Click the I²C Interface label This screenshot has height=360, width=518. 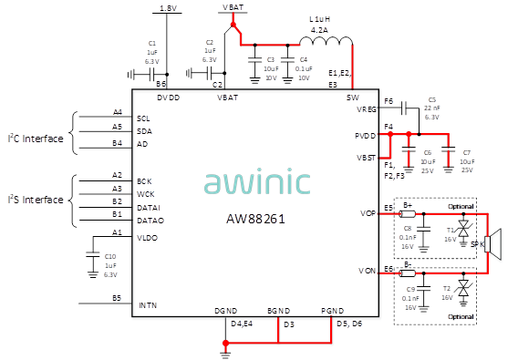pyautogui.click(x=36, y=139)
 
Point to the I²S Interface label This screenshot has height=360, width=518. pyautogui.click(x=36, y=200)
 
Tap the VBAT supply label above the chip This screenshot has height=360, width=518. pyautogui.click(x=233, y=7)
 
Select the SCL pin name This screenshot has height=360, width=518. pyautogui.click(x=143, y=118)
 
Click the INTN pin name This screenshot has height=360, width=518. pyautogui.click(x=147, y=303)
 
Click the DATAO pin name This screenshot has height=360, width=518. pyautogui.click(x=150, y=221)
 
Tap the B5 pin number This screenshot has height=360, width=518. pyautogui.click(x=117, y=297)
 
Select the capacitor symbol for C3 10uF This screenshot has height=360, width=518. pyautogui.click(x=254, y=65)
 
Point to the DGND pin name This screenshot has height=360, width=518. pyautogui.click(x=225, y=311)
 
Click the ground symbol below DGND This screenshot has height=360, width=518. pyautogui.click(x=225, y=345)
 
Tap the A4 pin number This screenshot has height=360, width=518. pyautogui.click(x=117, y=112)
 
